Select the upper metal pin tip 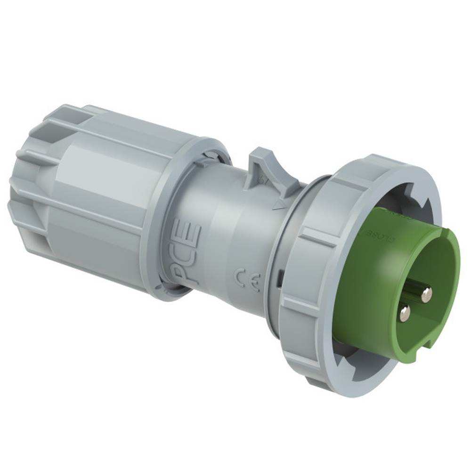pyautogui.click(x=426, y=295)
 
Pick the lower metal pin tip pyautogui.click(x=404, y=313)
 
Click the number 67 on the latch pyautogui.click(x=264, y=180)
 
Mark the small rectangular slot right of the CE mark pyautogui.click(x=279, y=277)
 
